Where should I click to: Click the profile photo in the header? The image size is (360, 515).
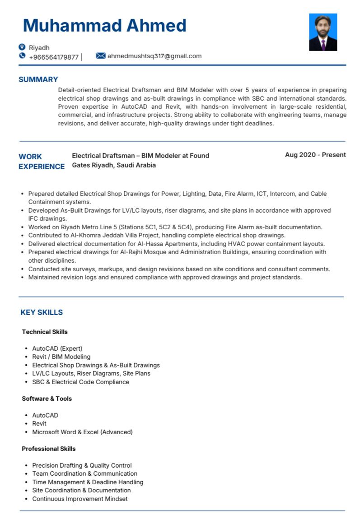click(323, 32)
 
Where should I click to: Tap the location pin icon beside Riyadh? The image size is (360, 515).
click(22, 47)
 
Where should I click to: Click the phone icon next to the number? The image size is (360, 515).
click(22, 56)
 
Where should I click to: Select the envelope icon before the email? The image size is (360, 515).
click(101, 56)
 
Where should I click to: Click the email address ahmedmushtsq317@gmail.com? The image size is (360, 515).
click(154, 56)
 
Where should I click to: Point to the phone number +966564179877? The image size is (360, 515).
click(54, 57)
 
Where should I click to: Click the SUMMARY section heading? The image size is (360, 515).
click(38, 80)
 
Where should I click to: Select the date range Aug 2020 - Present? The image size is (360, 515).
click(315, 155)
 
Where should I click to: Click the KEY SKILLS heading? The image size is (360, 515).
click(42, 312)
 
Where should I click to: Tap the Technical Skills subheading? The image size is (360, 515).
click(45, 332)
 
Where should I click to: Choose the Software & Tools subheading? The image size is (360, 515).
click(47, 399)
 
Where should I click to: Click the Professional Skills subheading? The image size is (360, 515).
click(49, 449)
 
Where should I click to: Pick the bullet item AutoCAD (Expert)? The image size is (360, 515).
click(57, 348)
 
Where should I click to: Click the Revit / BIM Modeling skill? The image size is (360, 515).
click(61, 357)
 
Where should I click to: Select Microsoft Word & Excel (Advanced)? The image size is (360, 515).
click(82, 432)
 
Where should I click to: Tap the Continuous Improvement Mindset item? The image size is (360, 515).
click(80, 499)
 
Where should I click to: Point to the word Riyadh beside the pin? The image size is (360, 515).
click(39, 47)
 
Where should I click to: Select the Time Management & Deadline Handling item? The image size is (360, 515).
click(88, 482)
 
